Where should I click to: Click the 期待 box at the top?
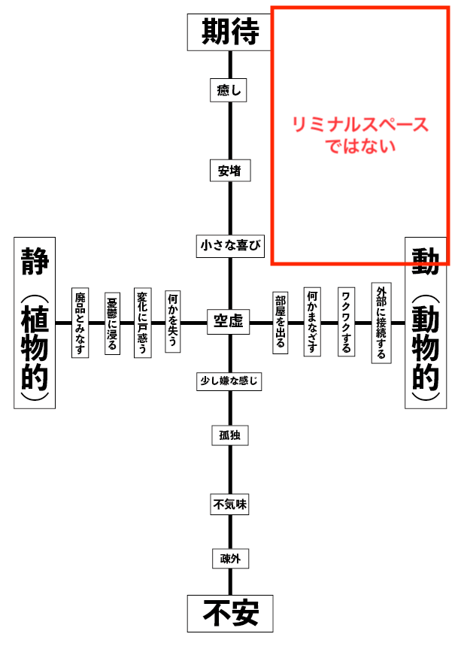(x=229, y=32)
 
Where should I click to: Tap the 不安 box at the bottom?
(x=230, y=614)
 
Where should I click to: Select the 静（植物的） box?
(x=35, y=323)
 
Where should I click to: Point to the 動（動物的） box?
(x=426, y=323)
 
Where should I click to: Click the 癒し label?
(x=228, y=90)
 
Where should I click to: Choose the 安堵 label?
(x=230, y=171)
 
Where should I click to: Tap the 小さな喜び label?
(x=230, y=246)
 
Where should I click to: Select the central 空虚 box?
(x=228, y=321)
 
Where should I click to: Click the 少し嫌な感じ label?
(x=229, y=381)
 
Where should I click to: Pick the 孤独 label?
(x=230, y=435)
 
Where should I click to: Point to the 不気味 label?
(x=229, y=504)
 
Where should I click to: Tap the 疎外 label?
(x=230, y=558)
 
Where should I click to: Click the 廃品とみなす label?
(x=80, y=323)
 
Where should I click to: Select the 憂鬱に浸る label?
(x=112, y=323)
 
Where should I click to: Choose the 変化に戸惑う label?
(x=143, y=323)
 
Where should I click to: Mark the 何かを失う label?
(x=173, y=322)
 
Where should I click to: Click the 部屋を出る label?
(x=281, y=323)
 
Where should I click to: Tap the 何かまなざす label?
(x=312, y=322)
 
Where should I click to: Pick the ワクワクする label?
(x=346, y=322)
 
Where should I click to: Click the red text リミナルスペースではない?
(x=360, y=135)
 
